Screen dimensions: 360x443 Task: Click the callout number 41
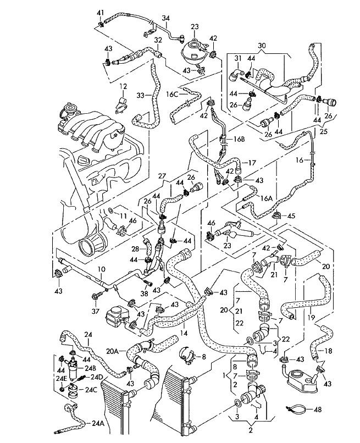pyautogui.click(x=101, y=13)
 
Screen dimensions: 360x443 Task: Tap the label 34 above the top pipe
pyautogui.click(x=166, y=18)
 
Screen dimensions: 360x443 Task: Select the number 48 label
pyautogui.click(x=318, y=409)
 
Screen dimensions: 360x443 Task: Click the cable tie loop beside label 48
pyautogui.click(x=296, y=408)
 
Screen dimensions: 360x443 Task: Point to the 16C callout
pyautogui.click(x=172, y=94)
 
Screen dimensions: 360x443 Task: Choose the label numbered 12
pyautogui.click(x=123, y=86)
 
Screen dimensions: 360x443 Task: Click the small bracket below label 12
pyautogui.click(x=121, y=105)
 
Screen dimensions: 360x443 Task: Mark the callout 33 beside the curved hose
pyautogui.click(x=141, y=96)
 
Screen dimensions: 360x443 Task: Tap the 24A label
pyautogui.click(x=98, y=423)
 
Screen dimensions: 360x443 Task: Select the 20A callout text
pyautogui.click(x=112, y=351)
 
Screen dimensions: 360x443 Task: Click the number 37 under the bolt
pyautogui.click(x=96, y=311)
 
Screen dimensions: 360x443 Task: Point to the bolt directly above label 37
pyautogui.click(x=95, y=296)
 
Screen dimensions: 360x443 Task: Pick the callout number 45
pyautogui.click(x=291, y=216)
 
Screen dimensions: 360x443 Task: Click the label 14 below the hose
pyautogui.click(x=184, y=333)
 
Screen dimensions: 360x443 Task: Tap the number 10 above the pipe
pyautogui.click(x=102, y=269)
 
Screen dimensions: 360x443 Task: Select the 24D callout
pyautogui.click(x=97, y=377)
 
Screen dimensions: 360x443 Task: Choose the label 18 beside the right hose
pyautogui.click(x=328, y=351)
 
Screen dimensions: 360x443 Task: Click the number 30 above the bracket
pyautogui.click(x=262, y=46)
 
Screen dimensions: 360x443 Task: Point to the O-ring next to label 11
pyautogui.click(x=111, y=210)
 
